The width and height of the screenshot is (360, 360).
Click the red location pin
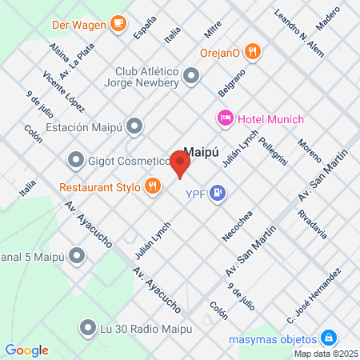[x=181, y=164]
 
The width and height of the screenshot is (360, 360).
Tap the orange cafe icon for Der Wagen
[x=118, y=23]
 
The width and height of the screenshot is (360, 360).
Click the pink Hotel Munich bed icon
[x=226, y=119]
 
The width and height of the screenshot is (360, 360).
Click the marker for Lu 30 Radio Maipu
[x=87, y=326]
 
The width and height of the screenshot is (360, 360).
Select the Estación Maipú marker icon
[x=135, y=126]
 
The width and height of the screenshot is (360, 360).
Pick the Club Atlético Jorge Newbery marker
[x=191, y=77]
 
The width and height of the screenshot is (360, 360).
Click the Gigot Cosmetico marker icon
[x=76, y=161]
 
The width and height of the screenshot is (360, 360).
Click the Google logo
[x=27, y=350]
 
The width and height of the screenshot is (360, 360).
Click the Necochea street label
[x=238, y=226]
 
